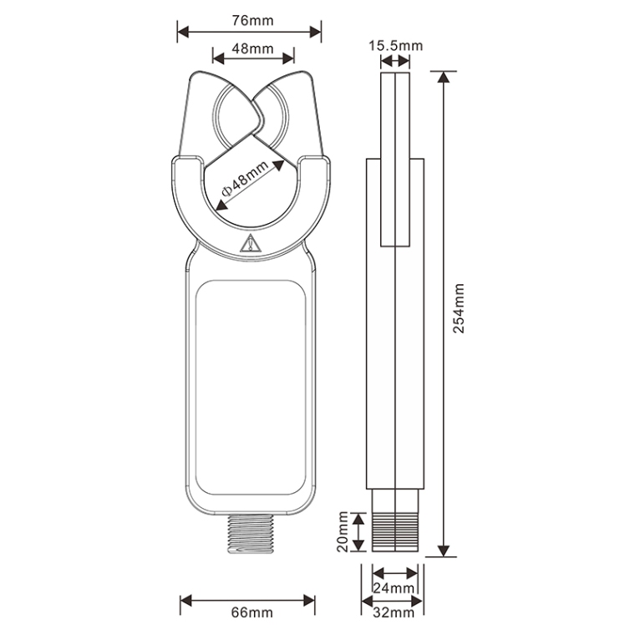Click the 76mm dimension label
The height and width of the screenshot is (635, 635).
[252, 20]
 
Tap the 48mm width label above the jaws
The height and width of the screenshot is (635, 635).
[252, 48]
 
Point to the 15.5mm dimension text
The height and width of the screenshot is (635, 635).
[395, 46]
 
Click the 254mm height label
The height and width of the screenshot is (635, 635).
[459, 308]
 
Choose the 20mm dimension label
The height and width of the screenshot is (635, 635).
[343, 531]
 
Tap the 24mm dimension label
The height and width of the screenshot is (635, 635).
[394, 587]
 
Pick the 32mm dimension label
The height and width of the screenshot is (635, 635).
[394, 612]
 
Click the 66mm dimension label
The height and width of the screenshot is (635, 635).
[251, 612]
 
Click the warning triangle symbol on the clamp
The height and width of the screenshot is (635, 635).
[251, 243]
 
